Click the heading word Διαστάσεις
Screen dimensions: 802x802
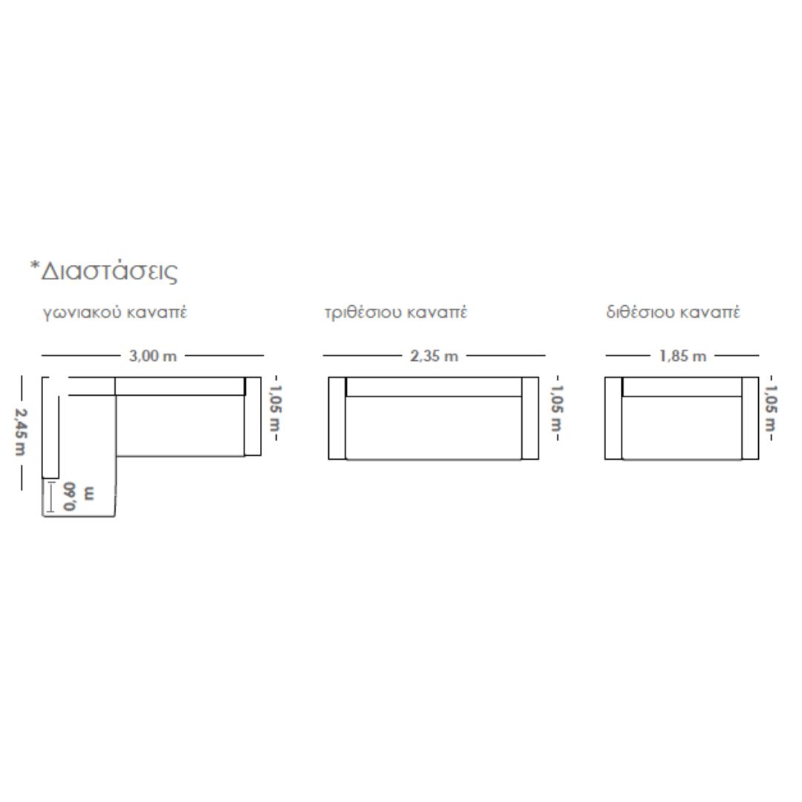(x=109, y=272)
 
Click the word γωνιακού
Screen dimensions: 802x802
(x=82, y=313)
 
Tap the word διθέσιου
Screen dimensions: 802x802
(x=639, y=312)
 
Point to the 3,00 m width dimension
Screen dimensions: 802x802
(x=153, y=356)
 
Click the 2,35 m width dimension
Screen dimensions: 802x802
(x=434, y=356)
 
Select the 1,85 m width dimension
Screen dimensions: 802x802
(x=683, y=356)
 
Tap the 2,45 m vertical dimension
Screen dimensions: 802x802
(x=21, y=431)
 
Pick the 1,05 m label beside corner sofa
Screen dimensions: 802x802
(x=276, y=408)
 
